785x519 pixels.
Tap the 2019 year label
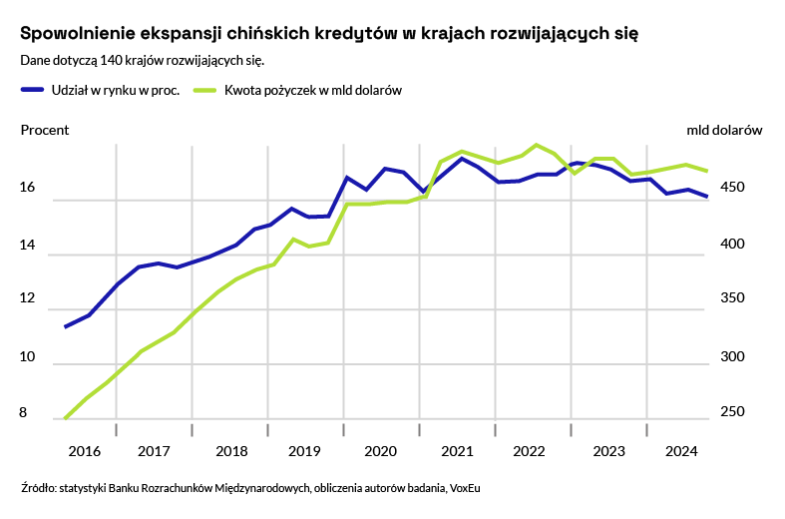click(304, 451)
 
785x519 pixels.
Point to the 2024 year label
click(681, 451)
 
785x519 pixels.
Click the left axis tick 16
click(28, 188)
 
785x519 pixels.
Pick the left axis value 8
click(24, 412)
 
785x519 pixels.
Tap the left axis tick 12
click(28, 298)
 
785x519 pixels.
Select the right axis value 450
click(741, 188)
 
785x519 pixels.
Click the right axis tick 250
click(741, 412)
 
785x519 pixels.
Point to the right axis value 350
click(741, 298)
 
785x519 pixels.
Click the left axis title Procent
click(45, 130)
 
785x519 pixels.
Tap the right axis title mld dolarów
click(724, 130)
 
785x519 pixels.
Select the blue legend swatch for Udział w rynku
click(32, 90)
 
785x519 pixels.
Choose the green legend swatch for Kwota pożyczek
click(203, 90)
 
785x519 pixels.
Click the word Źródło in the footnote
click(37, 489)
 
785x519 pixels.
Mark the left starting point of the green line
click(65, 418)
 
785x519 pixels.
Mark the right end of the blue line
click(707, 197)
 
